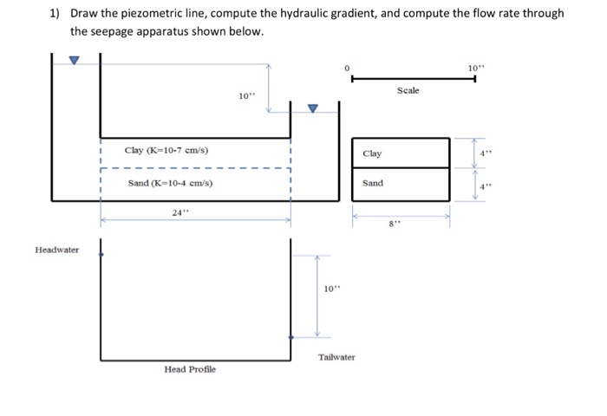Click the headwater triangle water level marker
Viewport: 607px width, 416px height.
pyautogui.click(x=74, y=61)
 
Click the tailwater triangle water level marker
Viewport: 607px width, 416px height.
pyautogui.click(x=314, y=108)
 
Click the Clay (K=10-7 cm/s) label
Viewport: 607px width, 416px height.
pyautogui.click(x=166, y=151)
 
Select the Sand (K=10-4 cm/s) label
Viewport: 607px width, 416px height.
pyautogui.click(x=170, y=184)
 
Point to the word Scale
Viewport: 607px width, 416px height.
pyautogui.click(x=408, y=90)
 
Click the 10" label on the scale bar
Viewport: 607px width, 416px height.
pyautogui.click(x=473, y=66)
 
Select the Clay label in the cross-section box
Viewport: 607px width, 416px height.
pyautogui.click(x=372, y=153)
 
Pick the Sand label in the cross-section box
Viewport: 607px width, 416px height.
pyautogui.click(x=372, y=184)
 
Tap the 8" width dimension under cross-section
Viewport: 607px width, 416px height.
pyautogui.click(x=395, y=224)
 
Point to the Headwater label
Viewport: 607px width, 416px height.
pyautogui.click(x=57, y=250)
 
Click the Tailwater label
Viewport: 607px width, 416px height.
pyautogui.click(x=336, y=357)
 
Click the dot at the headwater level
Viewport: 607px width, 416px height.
pyautogui.click(x=101, y=255)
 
